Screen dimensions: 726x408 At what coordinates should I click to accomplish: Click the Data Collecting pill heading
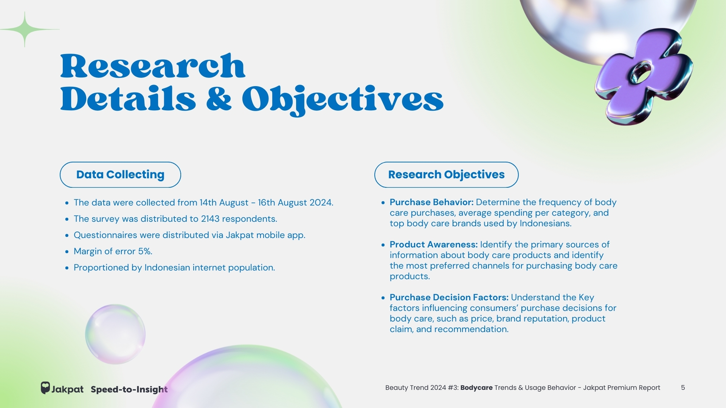click(x=120, y=175)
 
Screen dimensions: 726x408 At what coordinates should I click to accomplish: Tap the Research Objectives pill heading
click(x=446, y=175)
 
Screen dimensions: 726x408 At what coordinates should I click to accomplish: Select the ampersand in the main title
click(x=219, y=98)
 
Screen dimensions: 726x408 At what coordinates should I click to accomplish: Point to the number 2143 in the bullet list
click(x=210, y=219)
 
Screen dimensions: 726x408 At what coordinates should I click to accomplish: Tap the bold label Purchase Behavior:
click(x=431, y=202)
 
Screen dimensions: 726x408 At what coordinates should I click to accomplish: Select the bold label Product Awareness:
click(x=434, y=244)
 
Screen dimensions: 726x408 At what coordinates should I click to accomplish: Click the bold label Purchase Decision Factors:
click(x=449, y=297)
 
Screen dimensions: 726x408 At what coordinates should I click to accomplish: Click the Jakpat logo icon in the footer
click(x=45, y=388)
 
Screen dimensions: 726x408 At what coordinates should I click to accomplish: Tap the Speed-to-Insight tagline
click(x=129, y=389)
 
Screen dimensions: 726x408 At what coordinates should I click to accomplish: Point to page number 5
click(x=683, y=388)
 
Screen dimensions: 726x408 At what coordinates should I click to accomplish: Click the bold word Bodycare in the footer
click(x=476, y=388)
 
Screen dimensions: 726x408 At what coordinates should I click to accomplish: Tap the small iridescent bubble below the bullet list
click(x=115, y=334)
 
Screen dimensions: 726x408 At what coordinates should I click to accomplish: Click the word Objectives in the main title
click(x=343, y=99)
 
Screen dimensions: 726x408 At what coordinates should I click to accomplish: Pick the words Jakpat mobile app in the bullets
click(x=265, y=235)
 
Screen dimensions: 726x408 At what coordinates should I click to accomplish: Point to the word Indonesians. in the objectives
click(x=546, y=223)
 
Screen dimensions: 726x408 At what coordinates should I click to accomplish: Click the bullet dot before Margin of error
click(x=67, y=252)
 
